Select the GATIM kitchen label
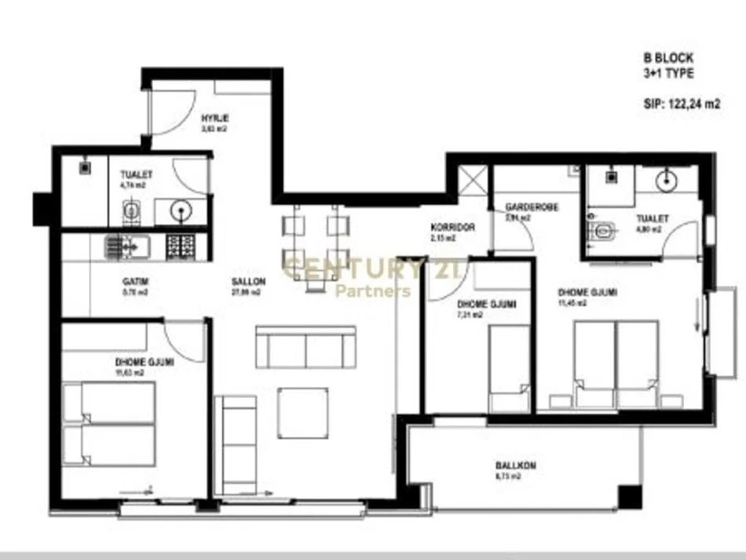coord(136,280)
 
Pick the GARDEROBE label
coord(532,207)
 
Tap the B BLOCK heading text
coord(667,57)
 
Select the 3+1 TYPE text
coord(668,73)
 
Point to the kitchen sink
coord(126,247)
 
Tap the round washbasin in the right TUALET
coord(666,181)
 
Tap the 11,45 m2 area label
coord(595,303)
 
